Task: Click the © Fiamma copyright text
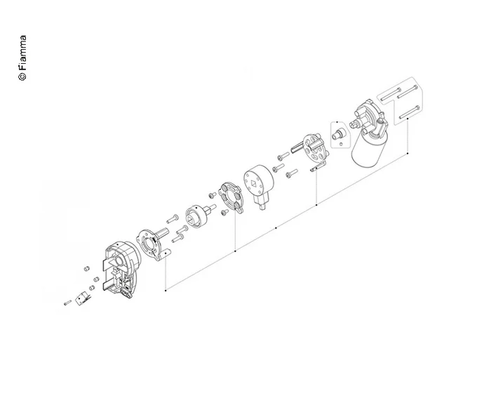pos(22,58)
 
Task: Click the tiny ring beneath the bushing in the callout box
pos(340,144)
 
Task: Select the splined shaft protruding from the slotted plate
pos(295,147)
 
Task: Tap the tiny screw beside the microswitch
pos(67,303)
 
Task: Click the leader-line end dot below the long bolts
pos(408,152)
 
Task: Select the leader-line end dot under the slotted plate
pos(317,204)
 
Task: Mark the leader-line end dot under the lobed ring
pos(235,249)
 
